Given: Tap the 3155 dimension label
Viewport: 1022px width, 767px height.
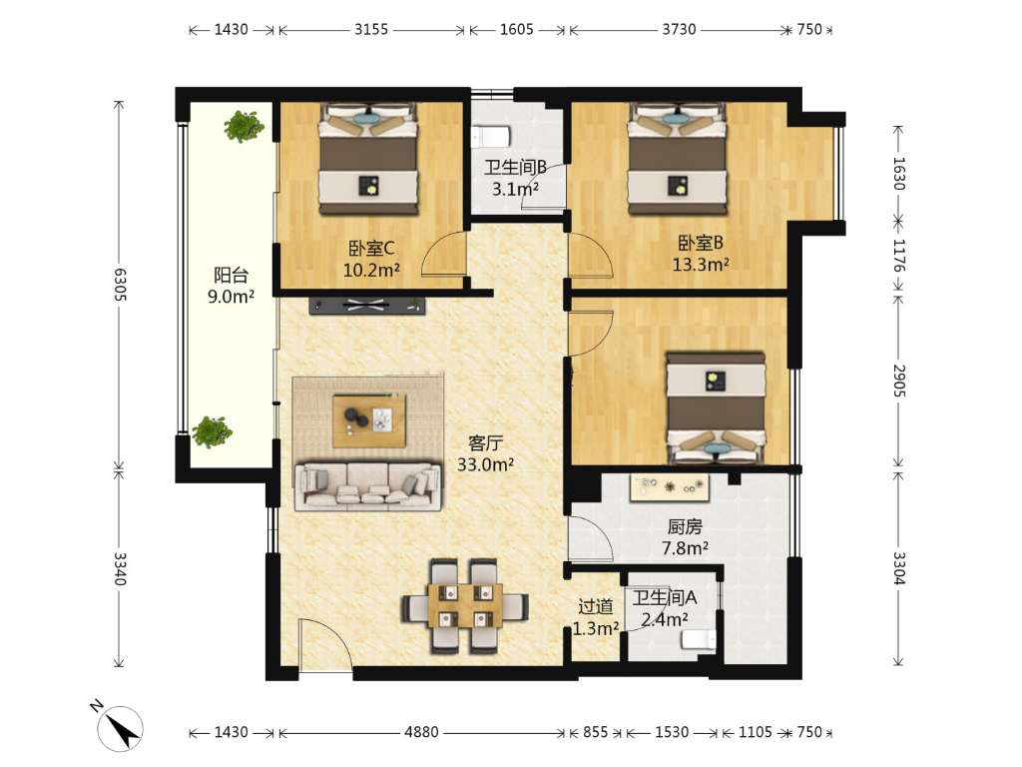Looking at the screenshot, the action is (x=371, y=29).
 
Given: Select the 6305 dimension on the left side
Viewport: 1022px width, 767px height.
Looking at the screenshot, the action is (x=120, y=285).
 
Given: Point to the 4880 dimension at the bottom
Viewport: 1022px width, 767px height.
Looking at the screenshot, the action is (x=421, y=732).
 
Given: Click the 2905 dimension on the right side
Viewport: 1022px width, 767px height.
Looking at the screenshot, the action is (x=899, y=381).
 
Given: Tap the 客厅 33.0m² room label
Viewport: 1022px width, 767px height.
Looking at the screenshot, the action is (x=486, y=454).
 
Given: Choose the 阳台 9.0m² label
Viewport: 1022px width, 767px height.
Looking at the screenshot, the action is (x=231, y=286).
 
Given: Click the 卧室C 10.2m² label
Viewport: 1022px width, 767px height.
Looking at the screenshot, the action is (x=371, y=259).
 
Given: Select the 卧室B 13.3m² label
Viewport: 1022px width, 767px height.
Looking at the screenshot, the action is (x=701, y=253).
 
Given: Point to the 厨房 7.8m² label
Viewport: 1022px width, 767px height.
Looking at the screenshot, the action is (x=685, y=537).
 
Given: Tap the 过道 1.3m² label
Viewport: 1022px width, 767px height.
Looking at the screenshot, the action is (x=596, y=617).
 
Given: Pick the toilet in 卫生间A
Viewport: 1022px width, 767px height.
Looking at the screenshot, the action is (x=698, y=640).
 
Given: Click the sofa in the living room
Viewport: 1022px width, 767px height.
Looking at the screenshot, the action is (x=368, y=486).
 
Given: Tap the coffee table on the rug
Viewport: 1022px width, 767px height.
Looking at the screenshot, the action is (x=369, y=420).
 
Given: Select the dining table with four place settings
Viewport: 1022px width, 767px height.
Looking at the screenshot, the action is (x=465, y=606).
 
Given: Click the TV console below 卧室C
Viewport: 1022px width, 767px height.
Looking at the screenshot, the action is (x=367, y=305).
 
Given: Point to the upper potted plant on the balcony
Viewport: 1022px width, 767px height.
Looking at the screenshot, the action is (x=244, y=127).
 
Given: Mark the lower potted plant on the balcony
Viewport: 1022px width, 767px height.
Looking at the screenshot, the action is (x=212, y=431).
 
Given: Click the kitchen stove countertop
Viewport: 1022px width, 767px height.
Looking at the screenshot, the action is (x=670, y=487).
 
